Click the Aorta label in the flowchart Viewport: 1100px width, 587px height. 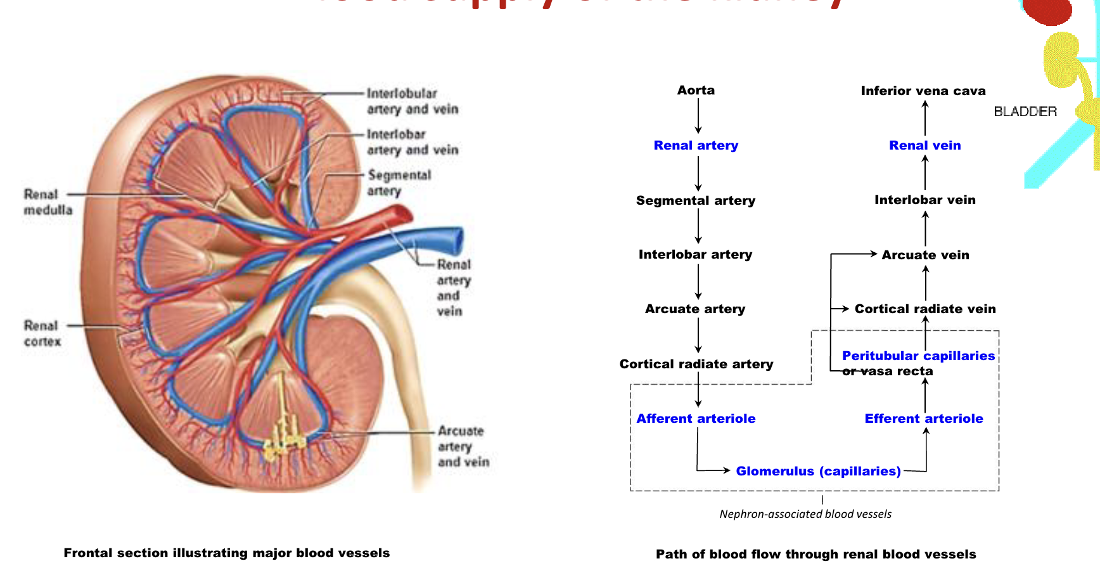pos(696,90)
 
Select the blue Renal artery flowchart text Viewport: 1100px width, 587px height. pos(696,145)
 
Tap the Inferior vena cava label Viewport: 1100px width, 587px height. pos(923,91)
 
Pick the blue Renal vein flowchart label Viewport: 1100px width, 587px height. pos(924,145)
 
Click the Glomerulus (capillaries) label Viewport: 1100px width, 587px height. pos(818,471)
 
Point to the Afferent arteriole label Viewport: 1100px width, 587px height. pos(696,418)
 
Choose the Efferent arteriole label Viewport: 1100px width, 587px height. pos(923,418)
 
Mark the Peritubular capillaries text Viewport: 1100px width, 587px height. pos(918,356)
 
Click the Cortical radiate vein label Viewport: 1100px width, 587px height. pos(925,309)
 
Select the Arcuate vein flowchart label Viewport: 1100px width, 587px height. pos(925,255)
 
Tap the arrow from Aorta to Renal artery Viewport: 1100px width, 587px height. pos(698,117)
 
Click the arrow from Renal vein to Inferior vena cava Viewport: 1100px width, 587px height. pos(925,117)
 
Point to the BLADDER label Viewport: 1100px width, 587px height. pos(1025,112)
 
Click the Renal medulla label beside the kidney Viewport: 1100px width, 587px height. pos(48,202)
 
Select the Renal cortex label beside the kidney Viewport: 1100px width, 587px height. pos(42,333)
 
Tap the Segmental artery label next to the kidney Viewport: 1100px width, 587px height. pos(399,183)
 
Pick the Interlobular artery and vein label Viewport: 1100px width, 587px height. pos(412,101)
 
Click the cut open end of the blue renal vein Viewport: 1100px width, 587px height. pos(457,241)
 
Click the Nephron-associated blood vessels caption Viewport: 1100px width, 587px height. pos(805,514)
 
